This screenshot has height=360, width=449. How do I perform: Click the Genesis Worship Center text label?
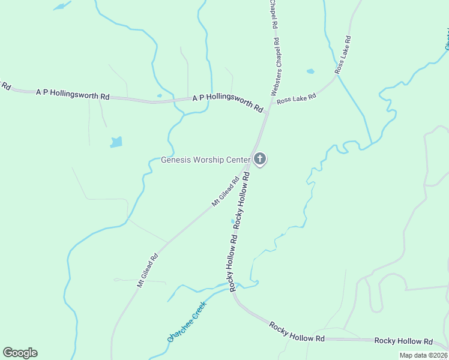(x=205, y=160)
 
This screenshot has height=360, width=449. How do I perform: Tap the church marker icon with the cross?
(x=260, y=159)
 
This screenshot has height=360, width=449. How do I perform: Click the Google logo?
(x=20, y=353)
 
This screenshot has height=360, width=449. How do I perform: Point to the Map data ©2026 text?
(x=423, y=355)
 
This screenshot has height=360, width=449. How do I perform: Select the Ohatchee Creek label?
(x=187, y=321)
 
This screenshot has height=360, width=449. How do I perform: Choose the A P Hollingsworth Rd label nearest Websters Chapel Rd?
(x=228, y=103)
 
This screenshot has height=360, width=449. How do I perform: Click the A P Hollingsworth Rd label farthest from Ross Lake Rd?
(x=73, y=95)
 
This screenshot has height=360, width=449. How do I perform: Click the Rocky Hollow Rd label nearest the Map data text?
(x=403, y=341)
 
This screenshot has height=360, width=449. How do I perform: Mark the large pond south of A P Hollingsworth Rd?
(x=116, y=142)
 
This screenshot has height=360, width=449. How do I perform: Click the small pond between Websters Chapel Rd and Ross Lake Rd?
(x=310, y=71)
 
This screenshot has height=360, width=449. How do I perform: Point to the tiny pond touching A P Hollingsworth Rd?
(x=159, y=95)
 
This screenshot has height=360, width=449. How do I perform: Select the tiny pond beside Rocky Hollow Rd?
(x=233, y=221)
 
